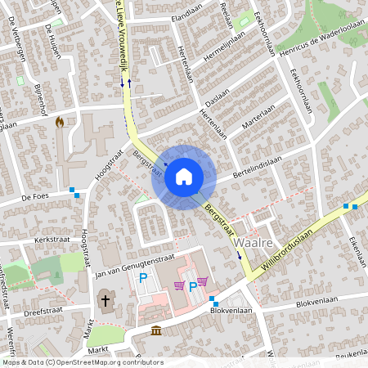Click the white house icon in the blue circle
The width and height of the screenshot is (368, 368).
tap(184, 176)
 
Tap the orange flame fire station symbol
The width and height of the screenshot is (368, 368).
tap(59, 122)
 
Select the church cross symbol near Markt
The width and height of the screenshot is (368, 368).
tap(105, 301)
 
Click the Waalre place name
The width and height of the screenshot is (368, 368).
tap(253, 244)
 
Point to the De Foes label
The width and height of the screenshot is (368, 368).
tap(36, 197)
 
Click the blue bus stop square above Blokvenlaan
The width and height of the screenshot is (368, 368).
tap(213, 299)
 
